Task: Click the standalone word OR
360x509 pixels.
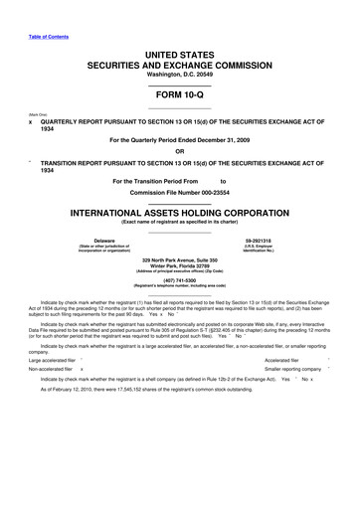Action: coord(180,152)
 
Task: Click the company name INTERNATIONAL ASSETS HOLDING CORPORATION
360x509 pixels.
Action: coord(180,213)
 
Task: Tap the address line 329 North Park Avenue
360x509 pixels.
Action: coord(180,259)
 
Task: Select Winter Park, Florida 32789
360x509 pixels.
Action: coord(180,265)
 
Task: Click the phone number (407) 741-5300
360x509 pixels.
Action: coord(180,279)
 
